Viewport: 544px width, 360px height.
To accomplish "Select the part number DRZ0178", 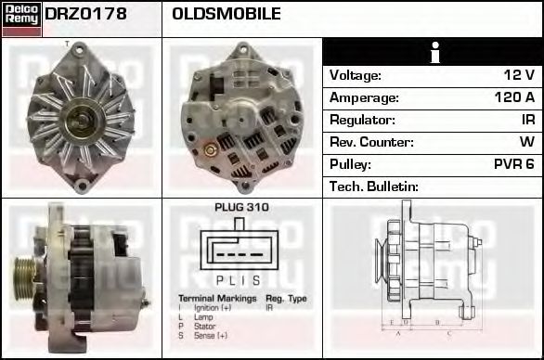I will (x=86, y=15).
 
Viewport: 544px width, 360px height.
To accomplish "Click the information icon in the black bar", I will (x=434, y=53).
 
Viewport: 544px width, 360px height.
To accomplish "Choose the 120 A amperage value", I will (x=513, y=97).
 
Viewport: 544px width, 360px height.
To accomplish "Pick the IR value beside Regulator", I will (x=527, y=120).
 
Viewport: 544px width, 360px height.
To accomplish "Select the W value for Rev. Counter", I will (x=526, y=142).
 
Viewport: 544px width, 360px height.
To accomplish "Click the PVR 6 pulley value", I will (x=514, y=164).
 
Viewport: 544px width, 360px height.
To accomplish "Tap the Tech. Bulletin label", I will (x=374, y=186).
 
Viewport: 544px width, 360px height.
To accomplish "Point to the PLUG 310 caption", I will (x=241, y=208).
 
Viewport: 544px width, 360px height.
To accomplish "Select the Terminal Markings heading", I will (x=215, y=298).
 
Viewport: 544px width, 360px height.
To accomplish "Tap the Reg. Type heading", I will (x=286, y=298).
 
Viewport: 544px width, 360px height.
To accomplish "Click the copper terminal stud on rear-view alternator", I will (x=210, y=148).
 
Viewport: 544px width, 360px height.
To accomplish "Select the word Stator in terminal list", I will (x=203, y=327).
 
